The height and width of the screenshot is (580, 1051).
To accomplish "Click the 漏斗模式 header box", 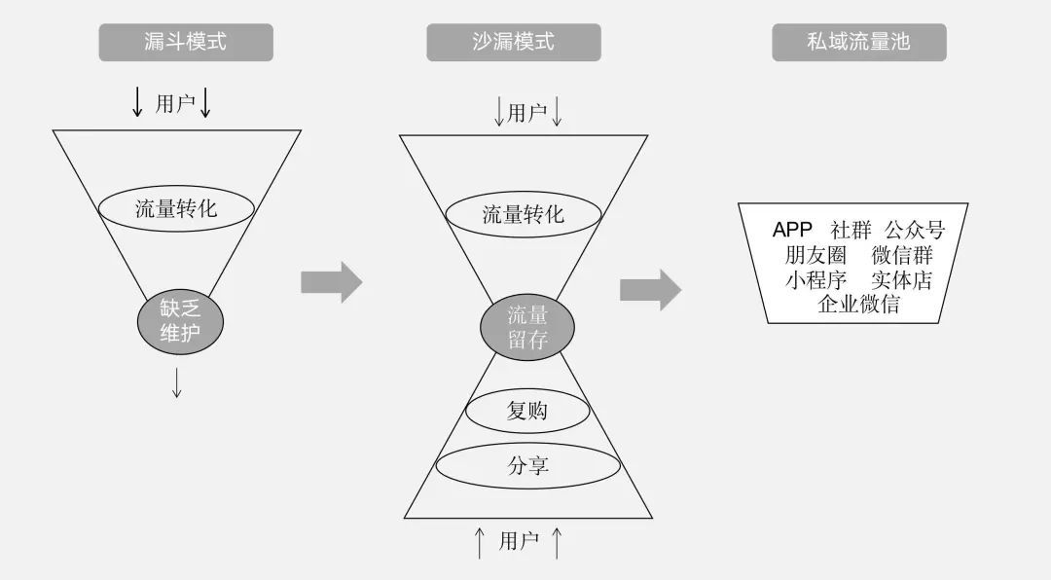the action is pyautogui.click(x=186, y=42).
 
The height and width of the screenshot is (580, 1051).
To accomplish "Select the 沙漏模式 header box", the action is pyautogui.click(x=514, y=42).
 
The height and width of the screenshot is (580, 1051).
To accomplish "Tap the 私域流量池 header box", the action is pyautogui.click(x=858, y=42).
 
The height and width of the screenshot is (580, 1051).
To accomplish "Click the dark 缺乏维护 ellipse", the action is pyautogui.click(x=180, y=322).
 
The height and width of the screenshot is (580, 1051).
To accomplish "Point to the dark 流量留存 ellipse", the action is pyautogui.click(x=527, y=328).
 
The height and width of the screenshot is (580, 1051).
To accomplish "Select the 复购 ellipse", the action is pyautogui.click(x=527, y=411).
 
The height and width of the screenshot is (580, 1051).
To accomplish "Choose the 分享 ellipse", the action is pyautogui.click(x=528, y=465).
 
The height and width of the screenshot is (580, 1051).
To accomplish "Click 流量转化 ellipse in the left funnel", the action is pyautogui.click(x=176, y=208).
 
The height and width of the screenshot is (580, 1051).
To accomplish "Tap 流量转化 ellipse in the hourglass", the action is pyautogui.click(x=524, y=214).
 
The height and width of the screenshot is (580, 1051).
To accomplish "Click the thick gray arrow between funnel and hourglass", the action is pyautogui.click(x=331, y=282).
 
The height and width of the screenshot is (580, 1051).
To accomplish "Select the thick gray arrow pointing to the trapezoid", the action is pyautogui.click(x=650, y=290).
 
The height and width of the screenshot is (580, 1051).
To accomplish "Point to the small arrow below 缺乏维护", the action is pyautogui.click(x=177, y=382).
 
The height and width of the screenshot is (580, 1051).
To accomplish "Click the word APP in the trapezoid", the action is pyautogui.click(x=792, y=230).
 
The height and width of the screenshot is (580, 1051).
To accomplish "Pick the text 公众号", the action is pyautogui.click(x=915, y=230).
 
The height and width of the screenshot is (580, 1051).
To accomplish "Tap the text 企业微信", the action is pyautogui.click(x=858, y=305).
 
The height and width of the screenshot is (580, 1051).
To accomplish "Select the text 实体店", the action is pyautogui.click(x=901, y=279).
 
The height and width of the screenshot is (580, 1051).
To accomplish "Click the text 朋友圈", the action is pyautogui.click(x=815, y=255).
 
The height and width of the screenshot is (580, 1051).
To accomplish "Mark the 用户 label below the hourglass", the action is pyautogui.click(x=519, y=541).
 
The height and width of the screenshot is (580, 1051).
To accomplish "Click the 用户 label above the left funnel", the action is pyautogui.click(x=175, y=103).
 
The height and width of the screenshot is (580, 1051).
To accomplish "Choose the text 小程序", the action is pyautogui.click(x=815, y=279).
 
